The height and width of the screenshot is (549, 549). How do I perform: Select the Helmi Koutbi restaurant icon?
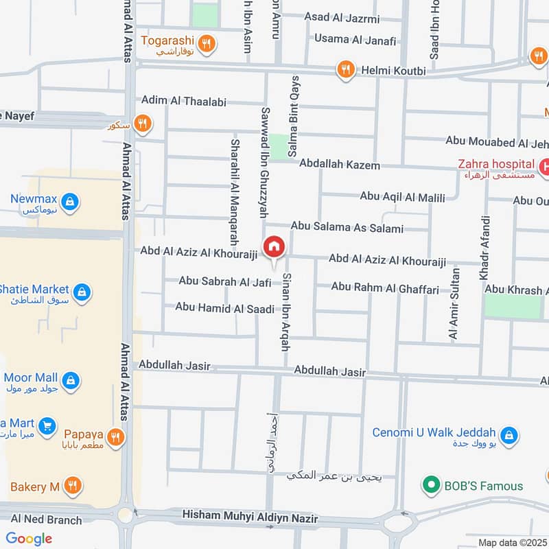(x=345, y=69)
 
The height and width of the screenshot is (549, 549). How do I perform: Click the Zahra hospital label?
(x=498, y=164)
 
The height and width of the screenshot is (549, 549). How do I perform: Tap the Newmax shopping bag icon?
(x=69, y=202)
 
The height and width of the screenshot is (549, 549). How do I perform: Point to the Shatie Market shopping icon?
(x=82, y=292)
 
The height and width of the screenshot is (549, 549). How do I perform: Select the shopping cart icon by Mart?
(x=47, y=426)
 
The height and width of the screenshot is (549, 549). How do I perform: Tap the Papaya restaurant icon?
(x=115, y=436)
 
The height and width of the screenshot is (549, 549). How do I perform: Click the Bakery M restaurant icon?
(x=73, y=487)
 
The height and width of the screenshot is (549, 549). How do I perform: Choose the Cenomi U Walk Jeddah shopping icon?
(x=509, y=434)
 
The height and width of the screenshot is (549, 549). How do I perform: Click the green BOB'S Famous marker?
(x=431, y=486)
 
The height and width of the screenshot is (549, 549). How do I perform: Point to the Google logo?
(x=29, y=539)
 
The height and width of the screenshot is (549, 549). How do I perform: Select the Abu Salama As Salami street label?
(x=347, y=226)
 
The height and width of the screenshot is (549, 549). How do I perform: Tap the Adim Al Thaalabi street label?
(x=183, y=101)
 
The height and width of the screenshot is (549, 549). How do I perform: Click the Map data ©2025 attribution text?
(x=512, y=543)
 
